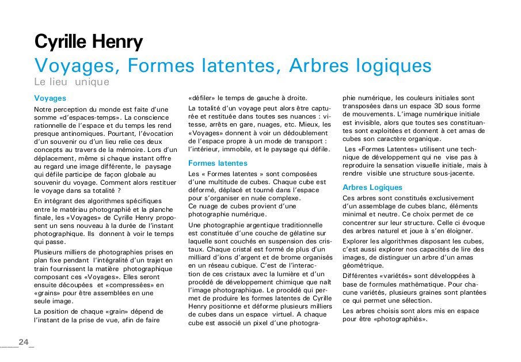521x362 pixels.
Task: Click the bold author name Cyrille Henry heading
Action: tap(89, 42)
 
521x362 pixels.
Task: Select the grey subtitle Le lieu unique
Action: tap(71, 82)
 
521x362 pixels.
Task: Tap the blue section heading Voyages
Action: tap(50, 98)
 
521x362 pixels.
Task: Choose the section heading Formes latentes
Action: tap(218, 163)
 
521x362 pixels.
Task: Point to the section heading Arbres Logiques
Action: tap(372, 187)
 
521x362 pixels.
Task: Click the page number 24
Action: tap(24, 342)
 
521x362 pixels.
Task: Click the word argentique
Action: tap(258, 224)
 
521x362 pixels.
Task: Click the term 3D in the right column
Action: tap(427, 106)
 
